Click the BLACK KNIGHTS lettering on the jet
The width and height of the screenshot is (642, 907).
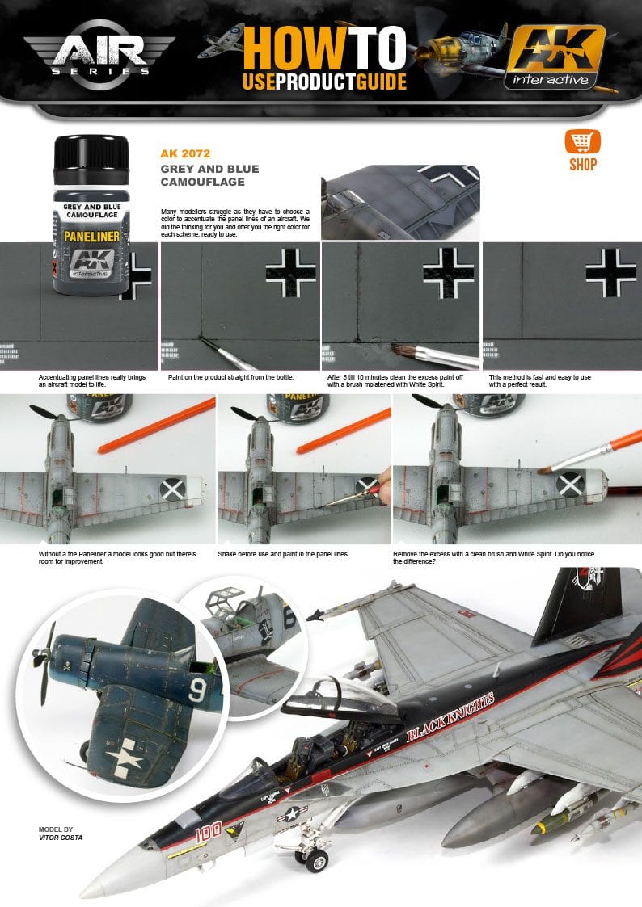pyautogui.click(x=450, y=718)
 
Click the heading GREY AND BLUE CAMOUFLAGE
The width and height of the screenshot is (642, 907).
pyautogui.click(x=209, y=175)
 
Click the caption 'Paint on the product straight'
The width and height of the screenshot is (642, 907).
pyautogui.click(x=230, y=377)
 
